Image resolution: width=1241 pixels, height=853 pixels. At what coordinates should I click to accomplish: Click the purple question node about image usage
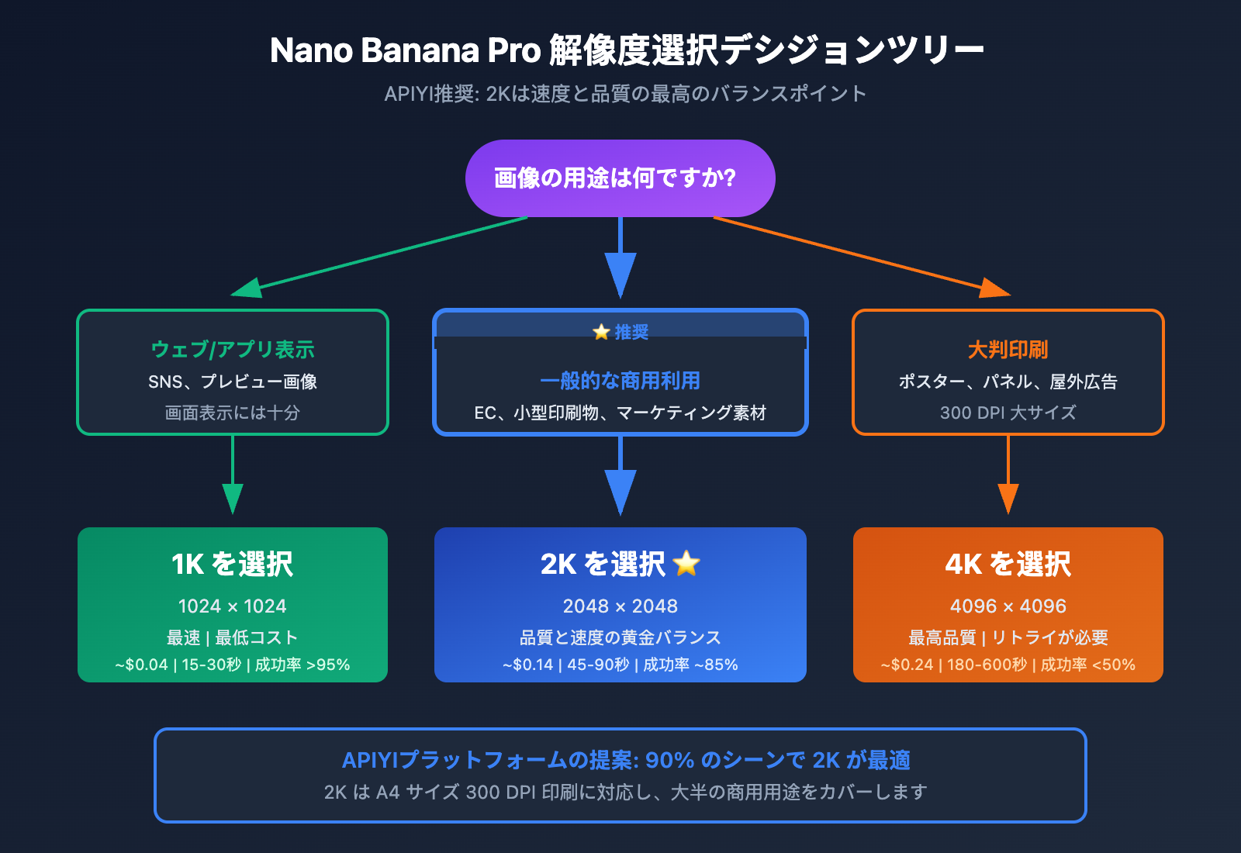pos(620,178)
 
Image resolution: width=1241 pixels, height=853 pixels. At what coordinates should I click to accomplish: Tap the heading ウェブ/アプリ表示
pos(233,350)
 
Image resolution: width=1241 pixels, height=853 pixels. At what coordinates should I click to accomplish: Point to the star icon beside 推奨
pos(601,332)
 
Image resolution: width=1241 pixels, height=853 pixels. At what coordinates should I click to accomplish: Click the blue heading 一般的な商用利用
pos(620,381)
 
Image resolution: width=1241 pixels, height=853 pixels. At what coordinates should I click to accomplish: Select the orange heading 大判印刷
pos(1008,350)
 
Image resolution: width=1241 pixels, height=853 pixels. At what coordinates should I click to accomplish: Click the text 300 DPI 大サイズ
pos(1008,413)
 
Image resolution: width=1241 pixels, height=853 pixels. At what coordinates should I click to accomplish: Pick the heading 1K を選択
pos(233,565)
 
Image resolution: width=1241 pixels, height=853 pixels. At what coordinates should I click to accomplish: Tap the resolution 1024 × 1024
pos(233,606)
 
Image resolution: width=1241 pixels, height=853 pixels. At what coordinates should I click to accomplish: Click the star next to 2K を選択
pos(687,564)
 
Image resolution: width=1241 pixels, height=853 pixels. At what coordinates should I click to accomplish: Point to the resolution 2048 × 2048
pos(620,606)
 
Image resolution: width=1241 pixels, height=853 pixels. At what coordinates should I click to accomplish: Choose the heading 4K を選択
pos(1008,565)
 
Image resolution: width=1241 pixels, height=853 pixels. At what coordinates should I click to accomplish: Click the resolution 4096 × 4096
pos(1008,606)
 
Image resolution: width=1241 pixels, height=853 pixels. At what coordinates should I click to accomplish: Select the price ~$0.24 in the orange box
pos(907,665)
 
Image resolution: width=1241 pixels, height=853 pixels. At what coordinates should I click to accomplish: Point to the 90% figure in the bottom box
pos(669,760)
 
